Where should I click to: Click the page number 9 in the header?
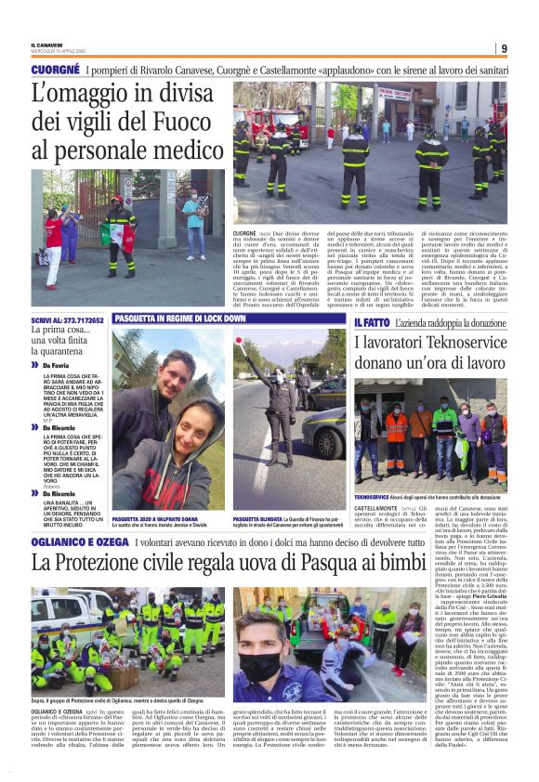pyautogui.click(x=503, y=48)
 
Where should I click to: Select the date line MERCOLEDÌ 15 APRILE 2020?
pyautogui.click(x=58, y=52)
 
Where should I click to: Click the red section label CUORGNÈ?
pyautogui.click(x=55, y=71)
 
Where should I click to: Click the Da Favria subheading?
pyautogui.click(x=56, y=367)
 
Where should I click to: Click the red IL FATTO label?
pyautogui.click(x=371, y=321)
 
